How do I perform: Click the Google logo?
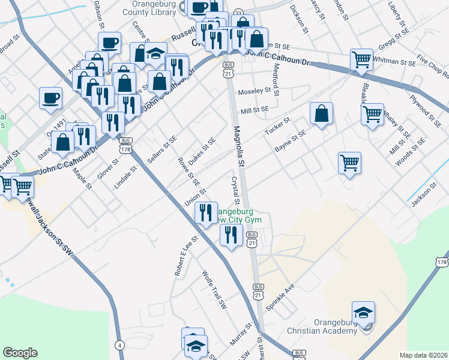[20, 353]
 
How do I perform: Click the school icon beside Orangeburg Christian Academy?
[363, 314]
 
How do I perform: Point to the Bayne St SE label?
[290, 142]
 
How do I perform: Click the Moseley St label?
[255, 91]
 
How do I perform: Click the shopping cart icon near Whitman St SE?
[361, 59]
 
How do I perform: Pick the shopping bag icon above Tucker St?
[322, 113]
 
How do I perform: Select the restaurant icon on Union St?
[206, 212]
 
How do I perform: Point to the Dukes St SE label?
[201, 152]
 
